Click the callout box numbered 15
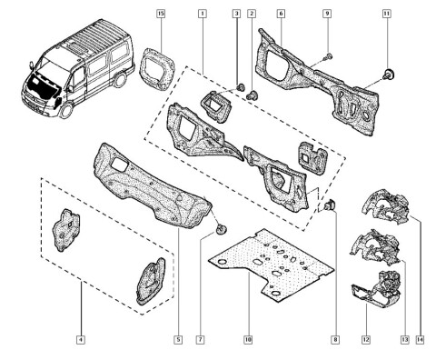click(x=161, y=14)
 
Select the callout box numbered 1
click(x=203, y=14)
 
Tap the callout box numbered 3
click(x=236, y=14)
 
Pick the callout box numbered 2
click(x=252, y=14)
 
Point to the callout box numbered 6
click(x=281, y=14)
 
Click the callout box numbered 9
click(x=327, y=14)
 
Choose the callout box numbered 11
click(x=386, y=14)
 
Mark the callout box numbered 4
click(x=81, y=340)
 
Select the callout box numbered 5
click(x=178, y=340)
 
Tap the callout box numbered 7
click(x=200, y=340)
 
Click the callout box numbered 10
click(x=248, y=340)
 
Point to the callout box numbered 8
click(x=335, y=340)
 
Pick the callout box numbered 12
click(x=366, y=340)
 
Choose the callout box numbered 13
click(x=405, y=340)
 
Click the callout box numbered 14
click(x=420, y=340)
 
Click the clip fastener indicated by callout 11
click(x=389, y=74)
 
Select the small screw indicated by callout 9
click(x=328, y=56)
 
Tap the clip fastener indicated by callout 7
click(x=221, y=229)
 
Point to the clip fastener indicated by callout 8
click(x=330, y=205)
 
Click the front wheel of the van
click(x=65, y=111)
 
